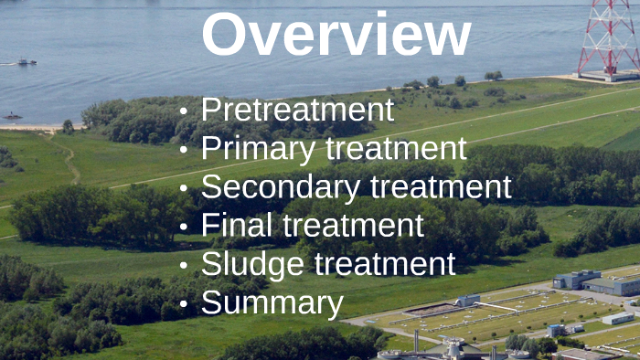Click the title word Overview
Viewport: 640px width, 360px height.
336,35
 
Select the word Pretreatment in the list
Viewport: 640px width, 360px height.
297,111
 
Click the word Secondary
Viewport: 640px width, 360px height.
280,187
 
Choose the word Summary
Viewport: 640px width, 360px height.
272,302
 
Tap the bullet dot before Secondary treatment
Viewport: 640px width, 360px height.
184,189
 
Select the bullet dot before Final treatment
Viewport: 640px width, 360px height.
184,227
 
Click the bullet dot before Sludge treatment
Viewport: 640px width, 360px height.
184,265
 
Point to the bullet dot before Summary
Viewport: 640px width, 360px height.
184,303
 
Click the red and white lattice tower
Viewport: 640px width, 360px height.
609,37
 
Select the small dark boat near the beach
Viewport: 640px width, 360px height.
12,116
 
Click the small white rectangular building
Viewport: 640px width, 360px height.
619,318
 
